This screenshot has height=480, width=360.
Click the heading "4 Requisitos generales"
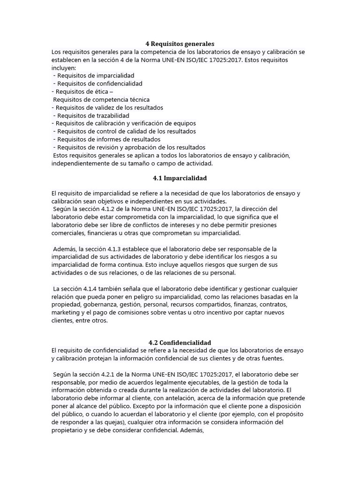(x=180, y=44)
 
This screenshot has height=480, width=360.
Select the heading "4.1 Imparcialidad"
(x=180, y=178)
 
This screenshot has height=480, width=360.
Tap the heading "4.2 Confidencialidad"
(x=180, y=343)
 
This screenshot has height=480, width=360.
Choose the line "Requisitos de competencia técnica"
(x=101, y=99)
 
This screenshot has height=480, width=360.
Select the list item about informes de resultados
(x=108, y=139)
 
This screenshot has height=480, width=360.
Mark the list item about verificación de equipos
(x=124, y=123)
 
